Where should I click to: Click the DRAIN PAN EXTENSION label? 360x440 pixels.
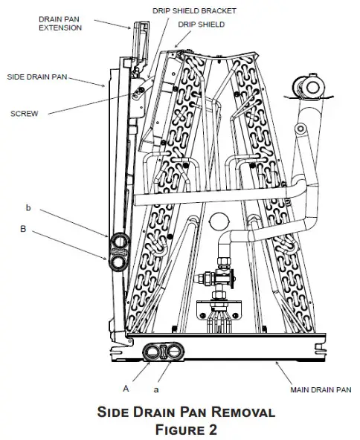click(60, 22)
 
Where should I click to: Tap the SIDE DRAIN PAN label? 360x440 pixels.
click(36, 76)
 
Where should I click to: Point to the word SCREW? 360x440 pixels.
click(25, 114)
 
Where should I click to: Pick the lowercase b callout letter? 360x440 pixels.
click(28, 207)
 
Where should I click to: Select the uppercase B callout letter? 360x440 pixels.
click(23, 230)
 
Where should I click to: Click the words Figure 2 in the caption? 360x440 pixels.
click(180, 427)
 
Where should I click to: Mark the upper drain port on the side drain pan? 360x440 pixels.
click(119, 242)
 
